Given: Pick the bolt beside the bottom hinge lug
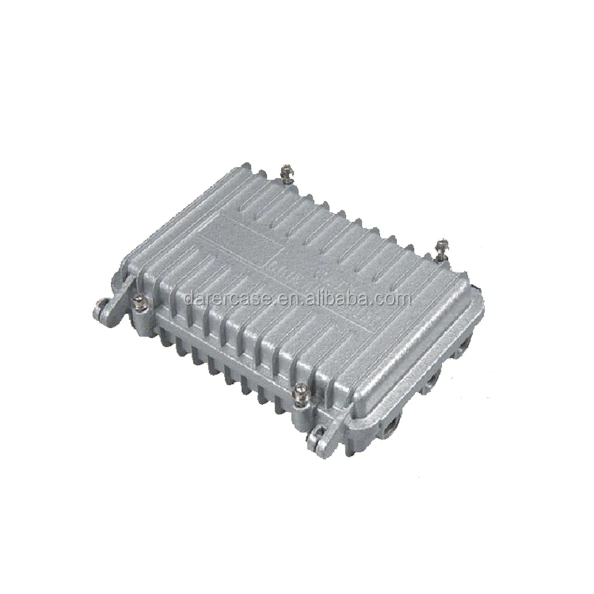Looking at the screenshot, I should [302, 391].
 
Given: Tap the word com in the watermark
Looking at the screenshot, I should [394, 298].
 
